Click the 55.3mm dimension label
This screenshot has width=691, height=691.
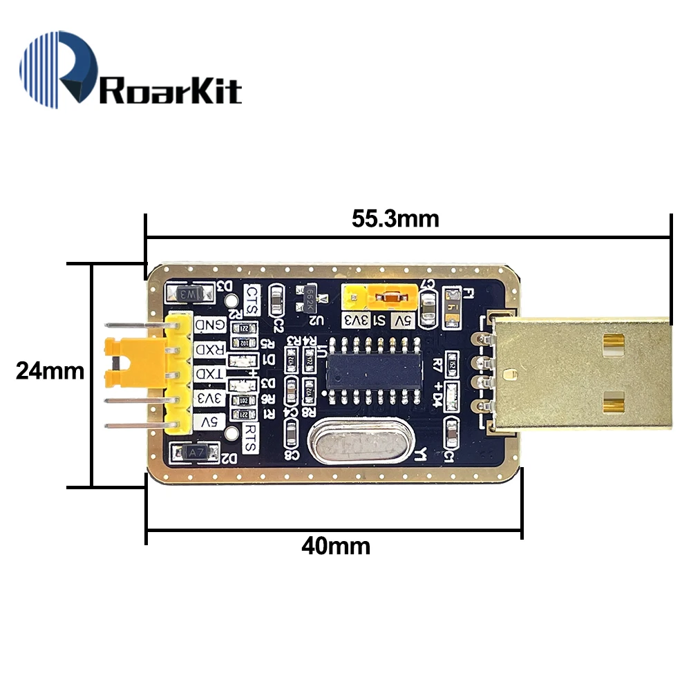coord(395,219)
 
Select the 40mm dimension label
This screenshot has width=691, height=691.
coord(336,546)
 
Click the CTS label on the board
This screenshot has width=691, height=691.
coord(252,300)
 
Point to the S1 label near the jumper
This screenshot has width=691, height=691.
coord(379,320)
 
